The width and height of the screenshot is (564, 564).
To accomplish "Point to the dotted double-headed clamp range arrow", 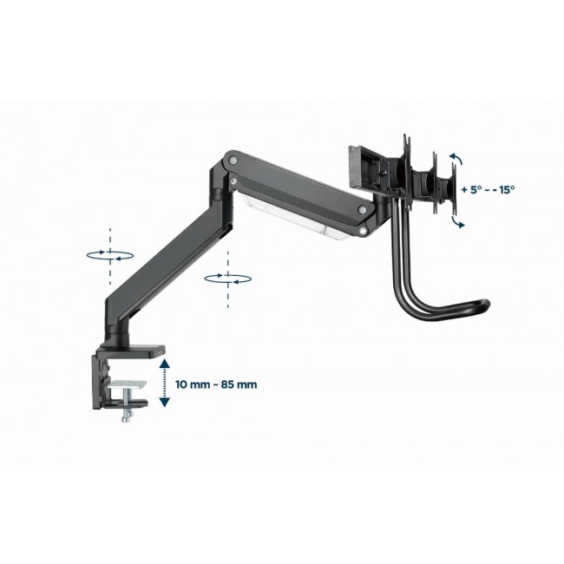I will tap(164, 384).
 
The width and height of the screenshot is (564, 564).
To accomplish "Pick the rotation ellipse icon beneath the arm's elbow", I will tap(225, 277).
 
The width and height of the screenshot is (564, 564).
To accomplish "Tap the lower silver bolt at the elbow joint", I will tap(233, 180).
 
